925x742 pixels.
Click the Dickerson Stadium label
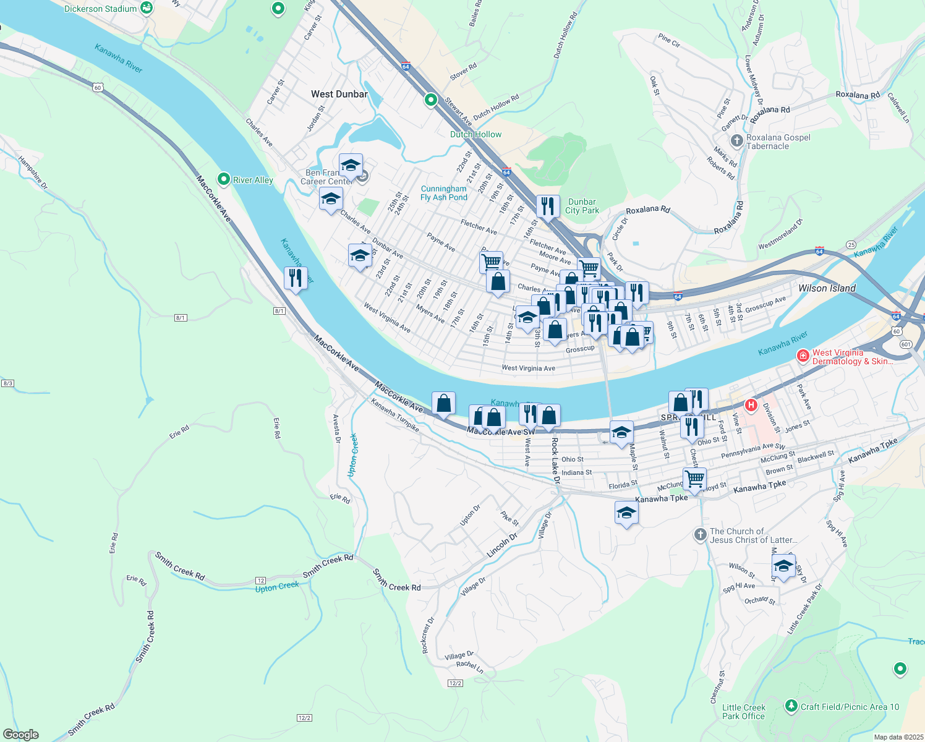(x=100, y=9)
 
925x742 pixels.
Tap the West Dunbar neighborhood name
(x=339, y=94)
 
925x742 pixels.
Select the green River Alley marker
(x=224, y=179)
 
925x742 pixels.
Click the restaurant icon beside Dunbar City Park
(x=547, y=207)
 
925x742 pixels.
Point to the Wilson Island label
(x=827, y=288)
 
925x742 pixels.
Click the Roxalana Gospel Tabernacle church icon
(x=736, y=141)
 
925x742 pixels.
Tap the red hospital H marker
(x=751, y=406)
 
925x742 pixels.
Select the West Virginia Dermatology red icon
(x=803, y=356)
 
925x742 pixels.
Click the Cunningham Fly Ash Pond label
(x=443, y=193)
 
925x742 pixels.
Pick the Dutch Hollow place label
(x=475, y=134)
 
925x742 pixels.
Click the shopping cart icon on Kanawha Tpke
(x=694, y=479)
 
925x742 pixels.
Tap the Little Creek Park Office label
(x=743, y=712)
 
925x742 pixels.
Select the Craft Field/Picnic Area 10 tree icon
(x=791, y=706)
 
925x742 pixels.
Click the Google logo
(x=20, y=735)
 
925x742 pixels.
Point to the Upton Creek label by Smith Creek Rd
(x=277, y=587)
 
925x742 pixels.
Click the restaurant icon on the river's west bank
(x=296, y=278)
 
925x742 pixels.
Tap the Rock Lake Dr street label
(x=555, y=461)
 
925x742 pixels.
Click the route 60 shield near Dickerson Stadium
(x=98, y=88)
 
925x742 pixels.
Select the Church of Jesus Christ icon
(x=700, y=535)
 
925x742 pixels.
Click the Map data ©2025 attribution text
(x=898, y=737)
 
